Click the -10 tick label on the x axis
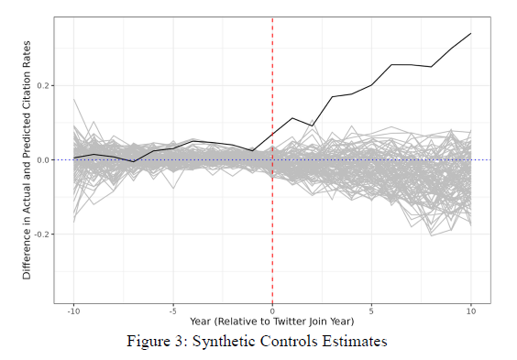pyautogui.click(x=74, y=311)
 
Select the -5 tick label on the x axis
pyautogui.click(x=172, y=311)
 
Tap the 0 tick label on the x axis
pyautogui.click(x=272, y=311)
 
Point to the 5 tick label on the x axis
pyautogui.click(x=371, y=311)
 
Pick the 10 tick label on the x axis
pyautogui.click(x=470, y=311)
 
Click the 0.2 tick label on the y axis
pyautogui.click(x=43, y=85)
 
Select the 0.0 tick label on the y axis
pyautogui.click(x=43, y=159)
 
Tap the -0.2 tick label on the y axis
pyautogui.click(x=41, y=234)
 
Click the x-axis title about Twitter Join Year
pyautogui.click(x=272, y=322)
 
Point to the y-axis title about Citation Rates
pyautogui.click(x=27, y=159)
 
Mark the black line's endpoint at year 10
pyautogui.click(x=470, y=34)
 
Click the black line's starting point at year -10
pyautogui.click(x=74, y=158)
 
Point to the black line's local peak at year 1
pyautogui.click(x=292, y=118)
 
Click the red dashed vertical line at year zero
pyautogui.click(x=272, y=229)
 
